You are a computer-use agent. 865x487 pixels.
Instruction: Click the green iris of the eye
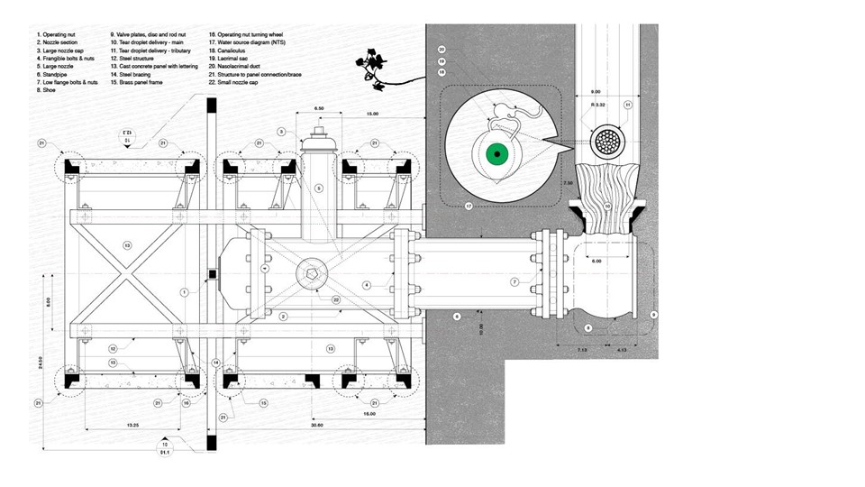[x=493, y=155]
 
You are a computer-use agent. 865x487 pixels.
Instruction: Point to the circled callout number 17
[x=469, y=207]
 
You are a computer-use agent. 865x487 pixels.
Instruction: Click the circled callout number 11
[x=628, y=106]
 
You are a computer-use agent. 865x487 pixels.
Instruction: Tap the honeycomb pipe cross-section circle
[x=613, y=142]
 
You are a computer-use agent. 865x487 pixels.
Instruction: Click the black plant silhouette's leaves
[x=370, y=64]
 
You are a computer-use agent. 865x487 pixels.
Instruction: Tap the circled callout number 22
[x=334, y=300]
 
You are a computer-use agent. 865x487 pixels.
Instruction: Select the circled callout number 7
[x=514, y=282]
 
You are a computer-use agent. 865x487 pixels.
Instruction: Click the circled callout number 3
[x=281, y=132]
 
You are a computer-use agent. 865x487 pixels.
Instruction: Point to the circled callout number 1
[x=183, y=292]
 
